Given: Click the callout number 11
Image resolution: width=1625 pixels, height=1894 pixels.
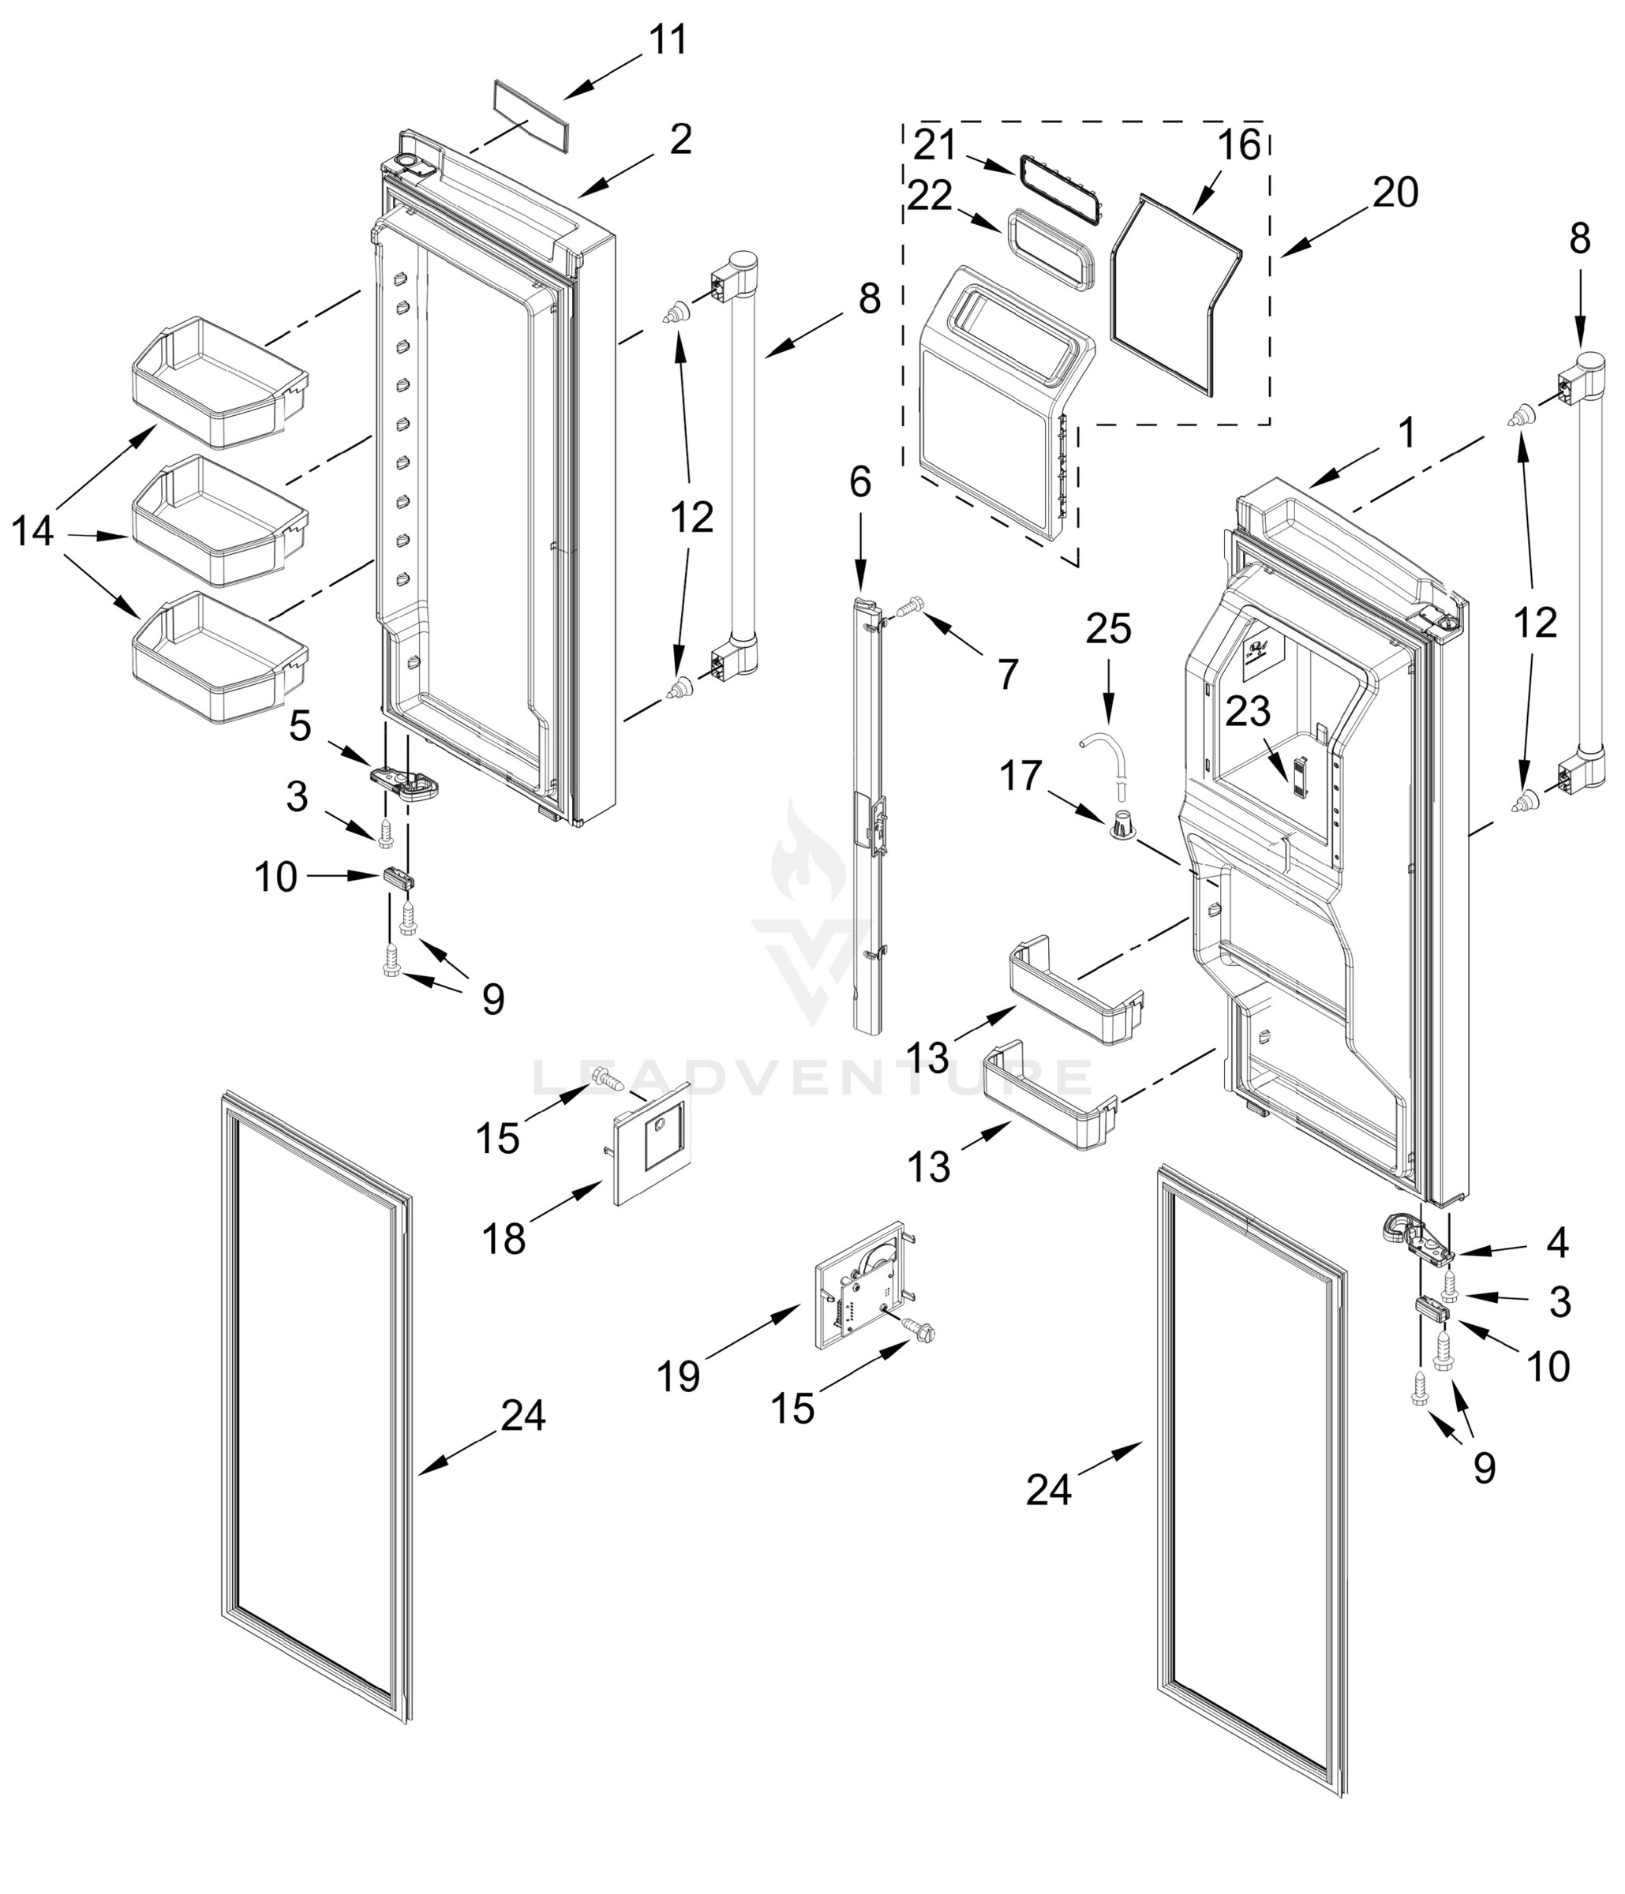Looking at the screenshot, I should point(668,41).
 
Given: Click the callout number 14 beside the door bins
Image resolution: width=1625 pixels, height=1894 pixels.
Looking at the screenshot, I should point(32,532).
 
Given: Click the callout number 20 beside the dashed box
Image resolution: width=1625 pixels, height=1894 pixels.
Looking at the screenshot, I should point(1395,193).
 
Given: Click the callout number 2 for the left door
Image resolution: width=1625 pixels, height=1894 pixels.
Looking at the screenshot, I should point(680,140).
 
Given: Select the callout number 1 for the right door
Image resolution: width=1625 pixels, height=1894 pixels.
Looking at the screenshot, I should point(1406,433).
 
